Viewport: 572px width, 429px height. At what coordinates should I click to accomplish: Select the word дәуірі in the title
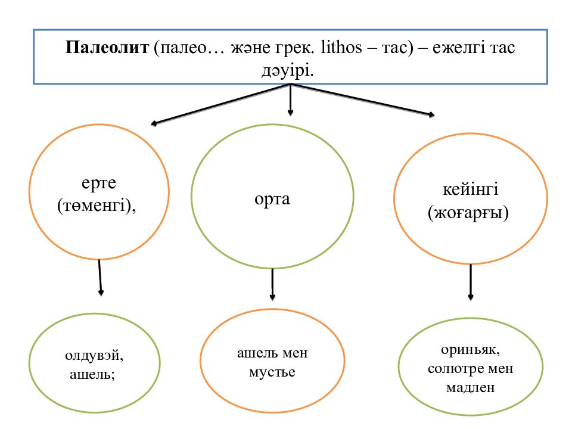(287, 70)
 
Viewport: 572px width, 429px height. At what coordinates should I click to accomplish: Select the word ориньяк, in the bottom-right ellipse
(470, 349)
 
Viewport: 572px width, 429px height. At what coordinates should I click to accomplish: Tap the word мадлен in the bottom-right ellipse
(470, 388)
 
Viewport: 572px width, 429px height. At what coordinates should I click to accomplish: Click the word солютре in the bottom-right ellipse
(453, 368)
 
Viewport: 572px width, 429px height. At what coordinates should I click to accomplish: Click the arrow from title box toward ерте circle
(220, 105)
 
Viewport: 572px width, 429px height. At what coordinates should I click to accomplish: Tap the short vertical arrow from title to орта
(290, 99)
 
